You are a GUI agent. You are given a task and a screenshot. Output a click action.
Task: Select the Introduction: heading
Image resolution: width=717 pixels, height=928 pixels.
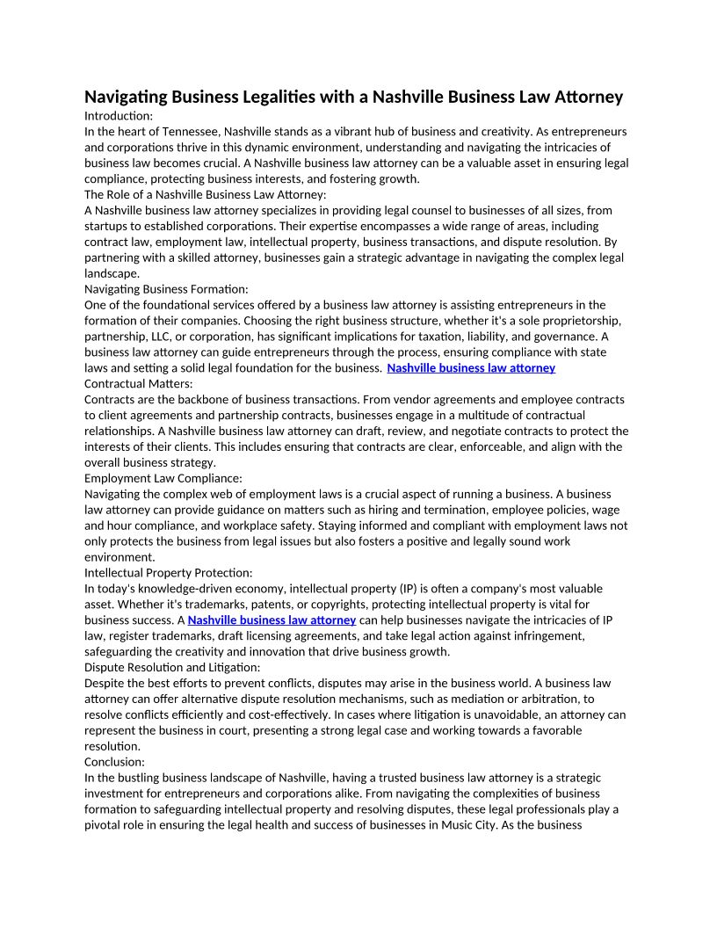[119, 115]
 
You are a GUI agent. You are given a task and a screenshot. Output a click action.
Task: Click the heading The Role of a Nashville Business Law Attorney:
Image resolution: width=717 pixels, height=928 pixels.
[205, 194]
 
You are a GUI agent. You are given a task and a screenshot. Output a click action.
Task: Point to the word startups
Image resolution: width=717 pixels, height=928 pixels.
[108, 226]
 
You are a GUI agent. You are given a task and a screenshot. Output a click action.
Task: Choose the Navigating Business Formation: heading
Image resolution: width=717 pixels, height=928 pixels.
[166, 289]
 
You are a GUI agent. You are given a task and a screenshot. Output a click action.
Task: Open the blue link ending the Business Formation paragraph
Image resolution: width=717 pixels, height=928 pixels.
[471, 368]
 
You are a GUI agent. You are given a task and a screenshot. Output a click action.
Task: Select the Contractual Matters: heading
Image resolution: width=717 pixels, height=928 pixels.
[139, 384]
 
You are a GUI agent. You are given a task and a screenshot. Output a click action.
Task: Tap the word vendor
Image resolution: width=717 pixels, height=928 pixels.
[344, 400]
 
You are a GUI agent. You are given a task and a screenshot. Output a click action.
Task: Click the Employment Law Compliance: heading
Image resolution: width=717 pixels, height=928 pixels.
[163, 479]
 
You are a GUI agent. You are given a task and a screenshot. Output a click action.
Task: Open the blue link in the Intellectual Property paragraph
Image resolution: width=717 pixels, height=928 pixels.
[272, 620]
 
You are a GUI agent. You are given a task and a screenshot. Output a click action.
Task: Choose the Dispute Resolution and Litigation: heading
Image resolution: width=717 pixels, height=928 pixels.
[172, 668]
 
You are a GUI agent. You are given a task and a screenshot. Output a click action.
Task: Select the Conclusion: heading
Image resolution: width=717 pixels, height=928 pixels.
[115, 763]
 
